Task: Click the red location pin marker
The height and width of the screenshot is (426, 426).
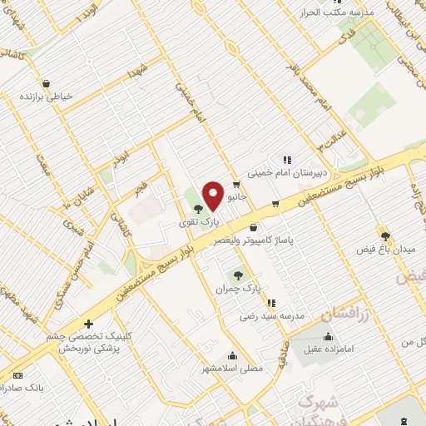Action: [x=213, y=195]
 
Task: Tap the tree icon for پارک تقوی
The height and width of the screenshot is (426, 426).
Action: [x=196, y=209]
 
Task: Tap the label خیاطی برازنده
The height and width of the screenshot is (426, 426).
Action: [x=47, y=96]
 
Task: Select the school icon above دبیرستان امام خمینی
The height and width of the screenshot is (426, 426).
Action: [x=287, y=160]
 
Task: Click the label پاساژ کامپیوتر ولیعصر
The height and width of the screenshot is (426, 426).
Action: [x=254, y=240]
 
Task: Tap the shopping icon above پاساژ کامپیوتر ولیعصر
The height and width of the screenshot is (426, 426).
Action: [x=252, y=227]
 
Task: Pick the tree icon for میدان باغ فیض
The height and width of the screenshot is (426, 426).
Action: [x=384, y=235]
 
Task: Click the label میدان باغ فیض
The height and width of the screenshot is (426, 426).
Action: [x=379, y=249]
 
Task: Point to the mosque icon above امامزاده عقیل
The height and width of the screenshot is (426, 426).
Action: [x=328, y=337]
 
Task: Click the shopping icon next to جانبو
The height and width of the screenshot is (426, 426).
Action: [x=237, y=184]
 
